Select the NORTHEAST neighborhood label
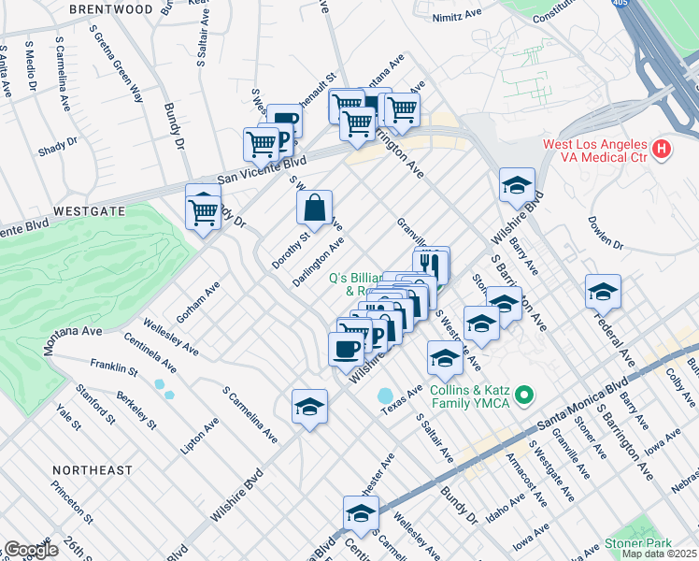(x=93, y=469)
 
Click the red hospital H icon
(x=662, y=149)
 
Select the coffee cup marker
(x=347, y=349)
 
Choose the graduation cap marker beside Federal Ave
(x=603, y=292)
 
